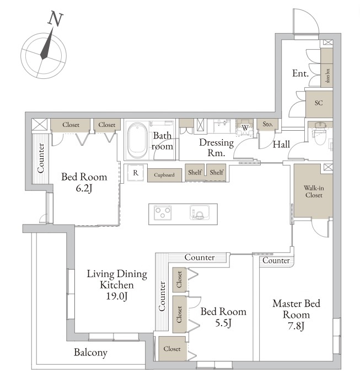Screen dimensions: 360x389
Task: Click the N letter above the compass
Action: [x=55, y=19]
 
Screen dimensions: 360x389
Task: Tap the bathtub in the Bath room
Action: [x=137, y=140]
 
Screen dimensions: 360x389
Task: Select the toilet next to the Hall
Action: [x=320, y=134]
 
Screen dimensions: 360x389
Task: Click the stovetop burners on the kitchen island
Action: [x=163, y=212]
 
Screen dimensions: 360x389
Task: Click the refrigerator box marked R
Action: [x=136, y=172]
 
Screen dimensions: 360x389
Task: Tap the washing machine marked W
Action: [x=245, y=128]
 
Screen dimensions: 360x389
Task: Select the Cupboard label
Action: [x=164, y=175]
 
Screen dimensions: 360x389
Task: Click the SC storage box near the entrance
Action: [x=319, y=104]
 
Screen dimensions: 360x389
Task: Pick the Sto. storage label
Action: [x=267, y=124]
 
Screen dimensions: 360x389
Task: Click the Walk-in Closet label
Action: [x=314, y=191]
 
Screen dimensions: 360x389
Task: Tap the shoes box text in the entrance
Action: [x=328, y=76]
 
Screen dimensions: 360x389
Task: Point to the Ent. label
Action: [x=300, y=73]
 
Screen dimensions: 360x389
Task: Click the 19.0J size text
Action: [x=117, y=296]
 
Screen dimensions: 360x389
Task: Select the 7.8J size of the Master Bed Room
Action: [x=296, y=326]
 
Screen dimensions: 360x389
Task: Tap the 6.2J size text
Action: [x=84, y=189]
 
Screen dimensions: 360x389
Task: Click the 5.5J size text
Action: [x=223, y=323]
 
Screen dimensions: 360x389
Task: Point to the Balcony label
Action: [x=90, y=353]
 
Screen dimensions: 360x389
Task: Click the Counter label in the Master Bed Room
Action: [x=276, y=260]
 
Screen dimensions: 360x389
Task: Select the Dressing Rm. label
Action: [x=216, y=148]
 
